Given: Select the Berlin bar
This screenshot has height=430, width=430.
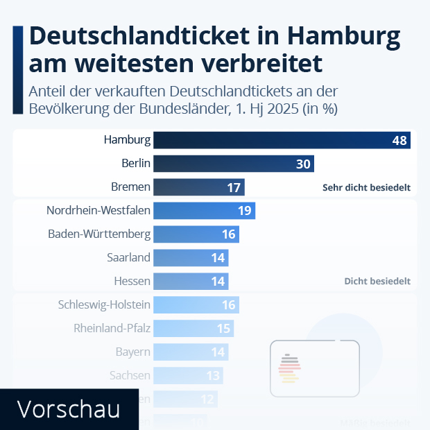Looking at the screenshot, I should point(233,164).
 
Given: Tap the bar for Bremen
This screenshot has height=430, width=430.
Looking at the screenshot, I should point(198,187).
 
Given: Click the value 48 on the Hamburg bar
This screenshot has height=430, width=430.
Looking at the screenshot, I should point(399,140).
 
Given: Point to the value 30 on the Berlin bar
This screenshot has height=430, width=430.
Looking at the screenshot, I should point(303,164).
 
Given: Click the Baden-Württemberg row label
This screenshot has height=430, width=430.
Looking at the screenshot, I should point(98,234).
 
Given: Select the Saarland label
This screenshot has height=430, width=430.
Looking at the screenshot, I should point(128,258).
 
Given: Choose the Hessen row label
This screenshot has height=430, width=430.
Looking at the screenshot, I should point(132,282).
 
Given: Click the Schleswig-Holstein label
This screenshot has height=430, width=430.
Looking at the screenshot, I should point(105,305).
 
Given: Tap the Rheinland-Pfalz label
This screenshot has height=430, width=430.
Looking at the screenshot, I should point(112,329).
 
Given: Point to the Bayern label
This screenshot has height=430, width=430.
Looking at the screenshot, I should point(132,352).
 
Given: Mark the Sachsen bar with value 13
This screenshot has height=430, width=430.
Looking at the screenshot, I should point(188,376).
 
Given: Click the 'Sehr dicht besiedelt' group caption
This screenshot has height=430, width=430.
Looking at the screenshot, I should point(366,188).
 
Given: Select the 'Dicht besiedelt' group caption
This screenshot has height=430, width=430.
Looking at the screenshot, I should point(377,282).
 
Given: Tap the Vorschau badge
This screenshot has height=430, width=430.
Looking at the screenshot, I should point(67,409).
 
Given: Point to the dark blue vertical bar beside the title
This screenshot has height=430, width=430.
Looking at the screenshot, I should point(18,69).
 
